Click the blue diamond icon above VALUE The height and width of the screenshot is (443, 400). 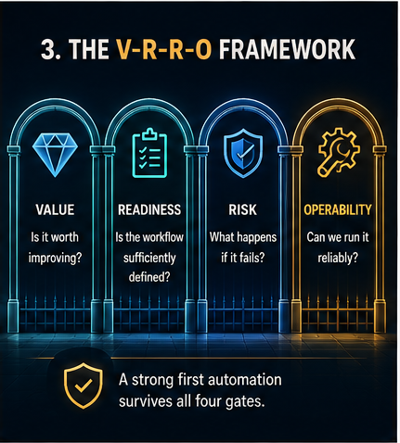point(55,155)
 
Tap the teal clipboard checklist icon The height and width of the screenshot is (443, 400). point(149,153)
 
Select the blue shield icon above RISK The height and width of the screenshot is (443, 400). point(243,153)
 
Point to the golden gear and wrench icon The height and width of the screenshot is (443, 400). point(339,152)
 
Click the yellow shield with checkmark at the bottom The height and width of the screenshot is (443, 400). point(83,386)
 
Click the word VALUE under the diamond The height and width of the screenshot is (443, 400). point(55,209)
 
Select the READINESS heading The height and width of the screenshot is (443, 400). point(149,209)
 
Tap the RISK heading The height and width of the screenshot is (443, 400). point(243,209)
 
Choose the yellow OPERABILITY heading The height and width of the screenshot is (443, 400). point(338,209)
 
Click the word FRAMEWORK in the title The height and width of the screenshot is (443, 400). point(287,49)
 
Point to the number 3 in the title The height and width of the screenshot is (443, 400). point(48,49)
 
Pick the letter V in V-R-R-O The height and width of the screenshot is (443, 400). point(123,49)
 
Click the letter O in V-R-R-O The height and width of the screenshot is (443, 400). point(203,49)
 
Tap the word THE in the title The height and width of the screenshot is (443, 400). point(89,49)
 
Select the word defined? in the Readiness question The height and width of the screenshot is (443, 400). point(149,277)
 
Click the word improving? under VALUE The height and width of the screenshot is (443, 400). point(55,258)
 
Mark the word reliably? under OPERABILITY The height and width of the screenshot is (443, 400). point(338,258)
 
